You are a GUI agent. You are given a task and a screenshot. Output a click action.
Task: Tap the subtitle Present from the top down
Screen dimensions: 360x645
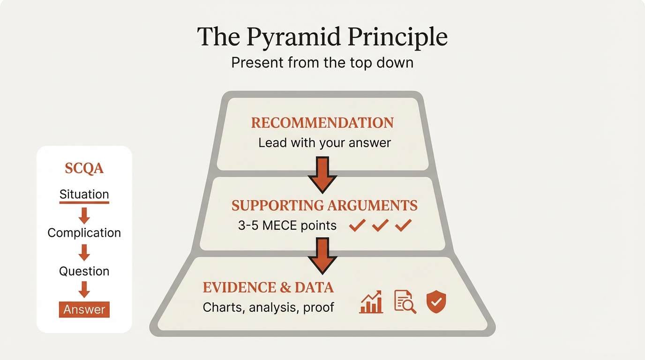coord(322,62)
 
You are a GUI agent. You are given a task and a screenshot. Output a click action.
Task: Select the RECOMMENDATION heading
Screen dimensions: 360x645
coord(322,123)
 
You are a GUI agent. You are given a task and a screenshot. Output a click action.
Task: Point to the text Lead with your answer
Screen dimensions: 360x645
coord(324,142)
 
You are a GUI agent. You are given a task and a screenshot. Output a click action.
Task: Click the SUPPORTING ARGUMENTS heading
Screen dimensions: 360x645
coord(324,205)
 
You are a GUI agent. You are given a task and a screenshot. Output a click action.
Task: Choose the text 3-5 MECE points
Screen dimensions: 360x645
coord(287,225)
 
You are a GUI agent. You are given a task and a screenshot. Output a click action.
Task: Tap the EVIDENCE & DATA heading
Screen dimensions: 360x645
coord(268,287)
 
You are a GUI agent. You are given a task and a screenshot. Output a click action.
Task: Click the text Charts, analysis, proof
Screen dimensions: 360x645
coord(268,307)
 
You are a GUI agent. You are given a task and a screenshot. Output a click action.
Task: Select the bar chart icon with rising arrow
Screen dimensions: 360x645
coord(371,302)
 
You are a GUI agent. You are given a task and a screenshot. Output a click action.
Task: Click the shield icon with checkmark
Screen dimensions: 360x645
coord(436,302)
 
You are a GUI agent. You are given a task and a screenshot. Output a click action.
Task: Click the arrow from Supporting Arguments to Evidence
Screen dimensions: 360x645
coord(322,255)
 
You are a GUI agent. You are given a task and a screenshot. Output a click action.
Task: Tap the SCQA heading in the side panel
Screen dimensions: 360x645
coord(84,169)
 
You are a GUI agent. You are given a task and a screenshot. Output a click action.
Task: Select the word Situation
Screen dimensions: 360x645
coord(84,195)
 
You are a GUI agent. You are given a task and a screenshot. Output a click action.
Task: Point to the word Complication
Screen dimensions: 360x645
coord(84,233)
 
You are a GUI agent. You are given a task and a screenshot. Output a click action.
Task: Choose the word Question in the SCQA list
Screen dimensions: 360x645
coord(84,271)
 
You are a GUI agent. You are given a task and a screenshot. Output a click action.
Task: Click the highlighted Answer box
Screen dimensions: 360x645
coord(84,309)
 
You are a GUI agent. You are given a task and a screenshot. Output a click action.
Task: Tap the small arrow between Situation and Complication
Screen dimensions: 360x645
coord(84,215)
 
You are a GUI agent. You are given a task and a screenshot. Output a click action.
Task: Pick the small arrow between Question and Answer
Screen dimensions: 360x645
coord(84,290)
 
